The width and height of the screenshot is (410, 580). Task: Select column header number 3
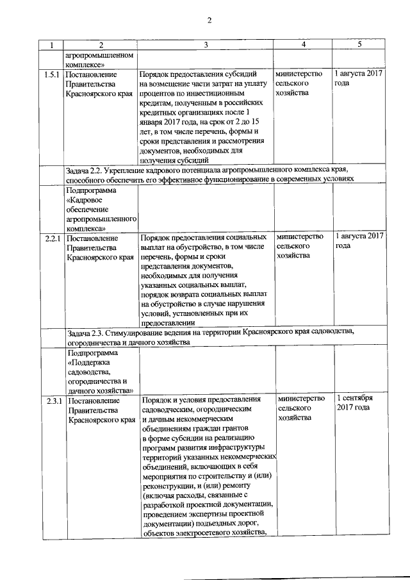tap(206, 45)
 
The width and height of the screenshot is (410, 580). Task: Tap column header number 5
tap(359, 44)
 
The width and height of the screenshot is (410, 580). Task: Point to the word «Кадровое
tap(88, 199)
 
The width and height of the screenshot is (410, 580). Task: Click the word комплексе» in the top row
tap(85, 64)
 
